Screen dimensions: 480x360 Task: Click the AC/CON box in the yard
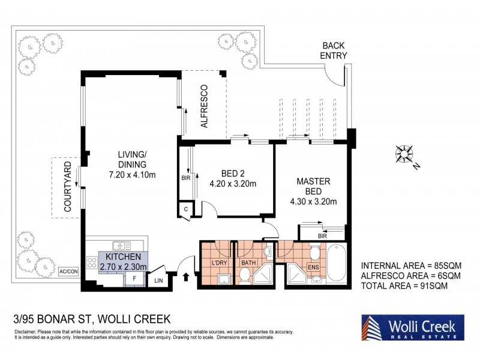point(68,272)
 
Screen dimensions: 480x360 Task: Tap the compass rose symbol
point(404,154)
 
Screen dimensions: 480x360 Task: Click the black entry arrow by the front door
point(186,277)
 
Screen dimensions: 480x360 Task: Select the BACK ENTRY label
point(334,50)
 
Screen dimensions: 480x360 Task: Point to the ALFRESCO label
point(204,106)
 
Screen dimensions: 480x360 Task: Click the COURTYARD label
point(67,187)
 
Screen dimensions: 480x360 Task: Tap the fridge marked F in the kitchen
point(134,279)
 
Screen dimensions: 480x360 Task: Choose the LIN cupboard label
point(158,280)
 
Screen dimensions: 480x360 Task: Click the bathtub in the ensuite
point(337,263)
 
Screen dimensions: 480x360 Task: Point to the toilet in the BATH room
point(245,275)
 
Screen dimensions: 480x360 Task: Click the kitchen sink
point(122,246)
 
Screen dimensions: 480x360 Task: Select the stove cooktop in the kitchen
point(92,263)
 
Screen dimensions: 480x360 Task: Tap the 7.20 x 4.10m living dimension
point(132,175)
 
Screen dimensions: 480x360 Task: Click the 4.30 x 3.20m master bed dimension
point(313,202)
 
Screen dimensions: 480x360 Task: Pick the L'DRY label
point(219,263)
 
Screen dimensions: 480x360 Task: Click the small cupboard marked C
point(186,209)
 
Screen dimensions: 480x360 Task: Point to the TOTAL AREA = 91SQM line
point(404,286)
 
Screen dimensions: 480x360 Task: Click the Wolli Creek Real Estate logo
point(413,327)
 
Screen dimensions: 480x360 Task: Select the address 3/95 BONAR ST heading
point(92,319)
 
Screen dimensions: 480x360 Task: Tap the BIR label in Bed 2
point(186,178)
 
